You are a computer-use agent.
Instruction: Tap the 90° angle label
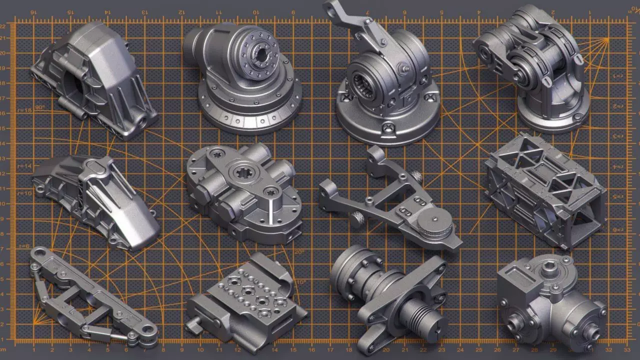click(x=40, y=107)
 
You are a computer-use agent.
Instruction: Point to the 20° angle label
click(x=299, y=251)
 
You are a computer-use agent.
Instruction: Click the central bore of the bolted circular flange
click(x=260, y=54)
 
